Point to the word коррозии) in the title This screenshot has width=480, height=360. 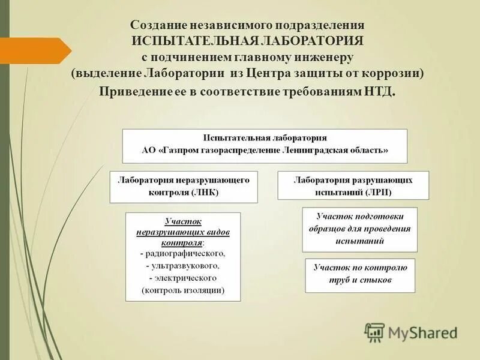coord(395,73)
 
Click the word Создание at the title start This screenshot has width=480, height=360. coord(158,26)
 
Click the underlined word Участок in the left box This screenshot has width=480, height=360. coord(182,222)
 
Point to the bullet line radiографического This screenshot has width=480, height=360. coord(183,254)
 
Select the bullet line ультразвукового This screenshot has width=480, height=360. coord(183,265)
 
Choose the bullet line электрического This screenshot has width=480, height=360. coord(183,278)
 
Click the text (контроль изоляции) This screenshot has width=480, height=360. coord(183,290)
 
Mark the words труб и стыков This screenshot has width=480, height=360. coord(360,280)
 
